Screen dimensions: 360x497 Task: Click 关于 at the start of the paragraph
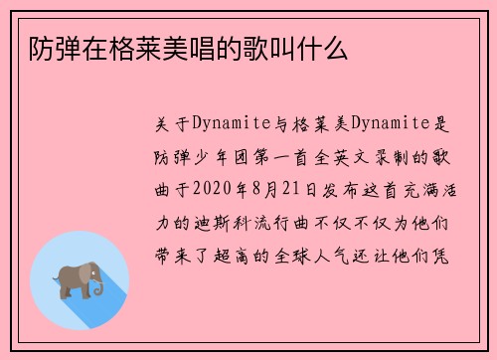tap(169, 121)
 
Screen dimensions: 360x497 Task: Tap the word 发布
tap(352, 187)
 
